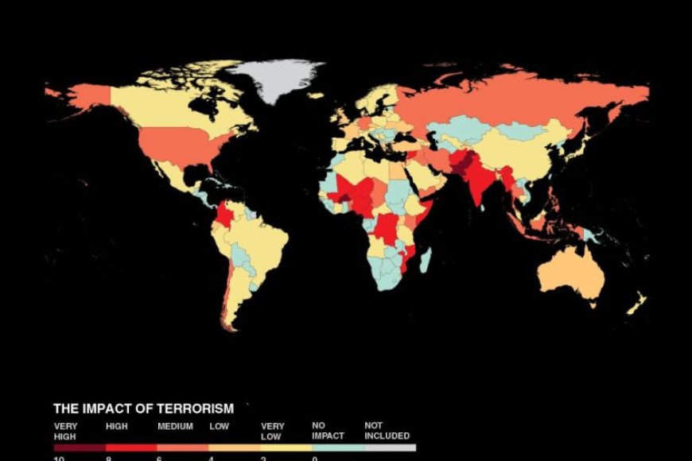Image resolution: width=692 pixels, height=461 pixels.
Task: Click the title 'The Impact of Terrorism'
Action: tap(143, 409)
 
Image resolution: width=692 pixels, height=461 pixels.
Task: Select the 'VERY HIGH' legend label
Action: tap(65, 431)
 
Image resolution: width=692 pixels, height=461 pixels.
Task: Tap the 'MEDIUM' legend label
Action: tap(175, 426)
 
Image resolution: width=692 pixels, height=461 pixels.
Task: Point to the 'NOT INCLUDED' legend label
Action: tap(387, 431)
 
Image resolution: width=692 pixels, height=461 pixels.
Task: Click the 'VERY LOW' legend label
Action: tap(273, 431)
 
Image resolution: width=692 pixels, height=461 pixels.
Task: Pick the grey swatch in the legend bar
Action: tap(390, 447)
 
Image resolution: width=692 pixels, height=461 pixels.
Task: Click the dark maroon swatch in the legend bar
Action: tap(79, 447)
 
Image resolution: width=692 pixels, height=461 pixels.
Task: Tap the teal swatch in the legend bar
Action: tap(338, 447)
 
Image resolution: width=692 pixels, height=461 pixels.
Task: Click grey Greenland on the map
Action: tap(274, 79)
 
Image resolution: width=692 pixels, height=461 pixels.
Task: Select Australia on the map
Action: tap(568, 274)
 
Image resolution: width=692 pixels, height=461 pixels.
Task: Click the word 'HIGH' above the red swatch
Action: tap(117, 426)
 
